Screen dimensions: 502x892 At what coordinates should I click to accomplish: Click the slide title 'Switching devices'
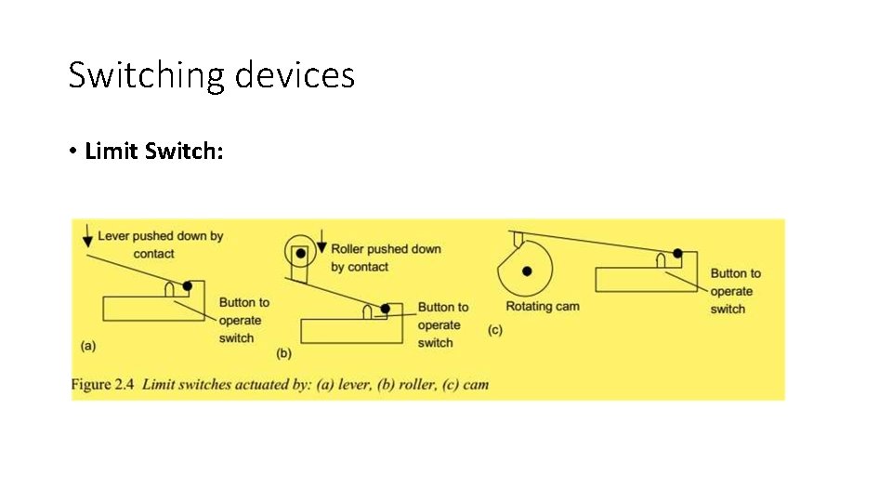pos(211,74)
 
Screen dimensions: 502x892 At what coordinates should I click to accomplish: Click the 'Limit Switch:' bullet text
pos(153,151)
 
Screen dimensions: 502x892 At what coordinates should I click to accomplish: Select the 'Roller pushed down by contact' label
pos(386,258)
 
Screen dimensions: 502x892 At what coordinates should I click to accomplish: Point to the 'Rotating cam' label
pos(542,307)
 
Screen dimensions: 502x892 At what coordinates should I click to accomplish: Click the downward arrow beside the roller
pos(321,244)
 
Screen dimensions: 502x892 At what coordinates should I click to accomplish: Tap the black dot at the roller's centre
pos(300,253)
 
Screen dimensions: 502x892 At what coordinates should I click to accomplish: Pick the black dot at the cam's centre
pos(527,271)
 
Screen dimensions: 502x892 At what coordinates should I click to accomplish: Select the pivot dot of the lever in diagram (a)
pos(188,285)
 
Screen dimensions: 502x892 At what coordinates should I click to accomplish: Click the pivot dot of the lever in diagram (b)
pos(385,308)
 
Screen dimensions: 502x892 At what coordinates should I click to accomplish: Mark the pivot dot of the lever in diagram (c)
pos(677,253)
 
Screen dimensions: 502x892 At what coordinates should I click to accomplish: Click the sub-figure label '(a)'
pos(88,346)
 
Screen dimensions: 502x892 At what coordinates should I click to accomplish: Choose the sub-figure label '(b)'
pos(284,353)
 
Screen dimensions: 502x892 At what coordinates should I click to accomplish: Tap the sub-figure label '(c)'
pos(494,330)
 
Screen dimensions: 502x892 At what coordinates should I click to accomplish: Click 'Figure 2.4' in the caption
pos(103,385)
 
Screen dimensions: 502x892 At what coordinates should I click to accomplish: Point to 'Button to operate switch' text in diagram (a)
pos(243,320)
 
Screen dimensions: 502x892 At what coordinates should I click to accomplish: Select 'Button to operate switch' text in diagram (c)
pos(734,291)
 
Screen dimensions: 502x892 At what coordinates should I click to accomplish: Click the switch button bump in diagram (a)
pos(170,290)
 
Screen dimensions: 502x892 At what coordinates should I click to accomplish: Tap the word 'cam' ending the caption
pos(476,385)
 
